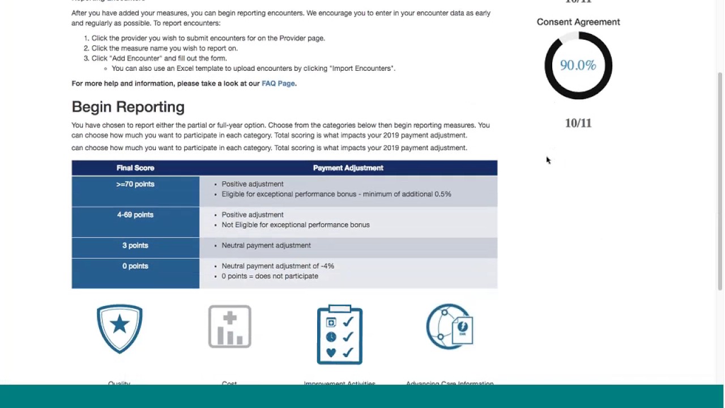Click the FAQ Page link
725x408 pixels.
(x=278, y=83)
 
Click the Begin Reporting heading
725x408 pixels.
(x=128, y=107)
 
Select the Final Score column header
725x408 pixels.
(x=135, y=168)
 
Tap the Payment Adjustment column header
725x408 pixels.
(x=348, y=168)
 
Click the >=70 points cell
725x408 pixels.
(x=135, y=184)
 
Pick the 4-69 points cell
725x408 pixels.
(x=135, y=215)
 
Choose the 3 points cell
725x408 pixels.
(x=135, y=245)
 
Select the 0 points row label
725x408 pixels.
(x=135, y=266)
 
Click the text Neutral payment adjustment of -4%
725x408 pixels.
(x=278, y=266)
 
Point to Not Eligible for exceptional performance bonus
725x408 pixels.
(x=295, y=225)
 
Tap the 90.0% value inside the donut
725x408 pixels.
(x=578, y=65)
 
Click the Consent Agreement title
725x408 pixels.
(x=578, y=22)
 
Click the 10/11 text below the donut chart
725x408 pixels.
(x=578, y=123)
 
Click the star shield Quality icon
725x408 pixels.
(x=120, y=329)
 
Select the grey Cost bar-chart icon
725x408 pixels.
(x=229, y=326)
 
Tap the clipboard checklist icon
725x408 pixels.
(x=340, y=334)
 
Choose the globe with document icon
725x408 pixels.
(x=450, y=327)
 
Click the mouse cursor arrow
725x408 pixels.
(x=548, y=160)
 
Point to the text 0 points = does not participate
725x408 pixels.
(x=270, y=276)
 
